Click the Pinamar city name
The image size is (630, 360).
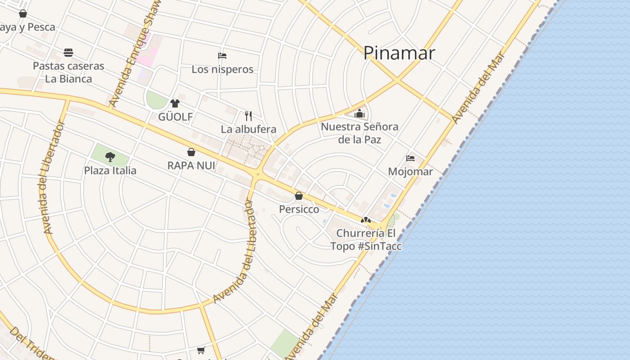tap(399, 53)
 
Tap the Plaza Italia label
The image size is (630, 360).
tap(110, 171)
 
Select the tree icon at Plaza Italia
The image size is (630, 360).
tap(110, 157)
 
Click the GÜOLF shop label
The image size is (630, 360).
tap(175, 117)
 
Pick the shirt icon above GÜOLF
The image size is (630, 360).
tap(175, 103)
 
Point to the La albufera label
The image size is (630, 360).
tap(248, 130)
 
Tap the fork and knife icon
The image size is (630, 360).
tap(248, 116)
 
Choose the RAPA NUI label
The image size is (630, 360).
tap(191, 166)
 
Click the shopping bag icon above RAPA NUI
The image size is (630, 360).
tap(191, 152)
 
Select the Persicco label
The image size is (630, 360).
tap(299, 209)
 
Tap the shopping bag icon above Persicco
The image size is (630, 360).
tap(299, 196)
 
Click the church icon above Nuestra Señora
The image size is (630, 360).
tap(359, 114)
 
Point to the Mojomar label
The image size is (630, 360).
tap(410, 171)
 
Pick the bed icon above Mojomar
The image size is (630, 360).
tap(410, 158)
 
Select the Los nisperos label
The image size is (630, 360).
tap(222, 69)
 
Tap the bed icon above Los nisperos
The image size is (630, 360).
tap(222, 56)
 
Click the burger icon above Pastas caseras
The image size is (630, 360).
tap(68, 53)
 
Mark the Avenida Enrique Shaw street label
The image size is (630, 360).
tap(135, 54)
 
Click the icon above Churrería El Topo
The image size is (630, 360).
tap(366, 220)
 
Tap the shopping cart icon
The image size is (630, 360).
tap(201, 350)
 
